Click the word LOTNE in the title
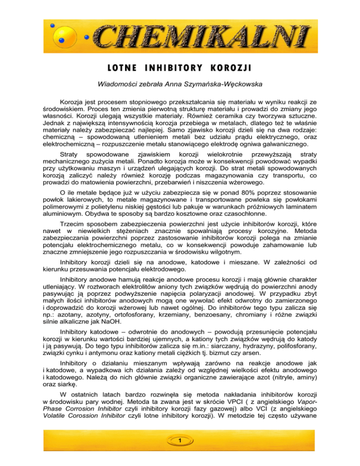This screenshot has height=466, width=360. [125, 67]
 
